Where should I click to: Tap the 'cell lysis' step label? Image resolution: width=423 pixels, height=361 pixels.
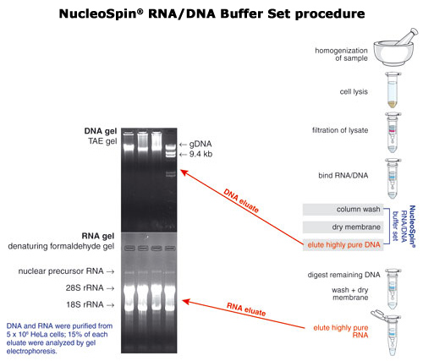(x=354, y=92)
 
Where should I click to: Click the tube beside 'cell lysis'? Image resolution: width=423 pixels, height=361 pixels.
(x=393, y=90)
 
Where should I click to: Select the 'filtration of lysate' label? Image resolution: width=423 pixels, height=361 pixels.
(x=340, y=130)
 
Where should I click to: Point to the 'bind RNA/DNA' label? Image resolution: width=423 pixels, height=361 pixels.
(x=343, y=175)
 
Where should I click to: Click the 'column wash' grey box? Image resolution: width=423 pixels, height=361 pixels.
(x=343, y=210)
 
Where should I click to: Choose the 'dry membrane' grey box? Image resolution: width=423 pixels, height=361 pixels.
(x=343, y=227)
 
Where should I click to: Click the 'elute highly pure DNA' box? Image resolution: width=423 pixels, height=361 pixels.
(x=343, y=244)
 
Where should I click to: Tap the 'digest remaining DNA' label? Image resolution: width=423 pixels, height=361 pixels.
(x=343, y=275)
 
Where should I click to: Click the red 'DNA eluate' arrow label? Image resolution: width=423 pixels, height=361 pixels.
(x=241, y=200)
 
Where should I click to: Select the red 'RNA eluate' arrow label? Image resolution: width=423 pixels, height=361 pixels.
(x=246, y=309)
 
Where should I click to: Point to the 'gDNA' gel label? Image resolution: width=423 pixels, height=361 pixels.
(x=201, y=144)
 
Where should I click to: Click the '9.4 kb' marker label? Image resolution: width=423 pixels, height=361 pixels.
(x=201, y=154)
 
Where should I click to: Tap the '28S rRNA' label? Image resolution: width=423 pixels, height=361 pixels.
(x=85, y=288)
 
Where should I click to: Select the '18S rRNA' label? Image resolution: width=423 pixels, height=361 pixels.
(x=85, y=304)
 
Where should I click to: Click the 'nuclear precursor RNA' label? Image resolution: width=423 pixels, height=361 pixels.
(x=61, y=271)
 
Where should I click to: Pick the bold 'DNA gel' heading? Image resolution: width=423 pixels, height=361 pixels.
(x=101, y=131)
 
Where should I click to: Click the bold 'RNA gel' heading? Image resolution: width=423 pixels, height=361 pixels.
(x=98, y=236)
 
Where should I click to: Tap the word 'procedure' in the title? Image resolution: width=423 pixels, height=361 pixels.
(x=330, y=14)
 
